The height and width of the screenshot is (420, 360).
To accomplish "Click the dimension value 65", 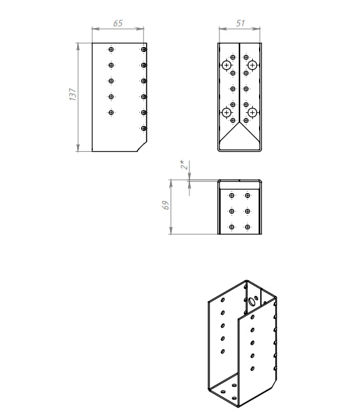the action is [118, 23].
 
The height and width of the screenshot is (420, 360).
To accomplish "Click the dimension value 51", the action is [240, 23].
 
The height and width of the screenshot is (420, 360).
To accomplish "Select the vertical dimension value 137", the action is [73, 94].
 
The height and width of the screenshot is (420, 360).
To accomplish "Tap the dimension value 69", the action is [166, 205].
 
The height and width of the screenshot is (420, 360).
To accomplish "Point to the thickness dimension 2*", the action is [184, 165].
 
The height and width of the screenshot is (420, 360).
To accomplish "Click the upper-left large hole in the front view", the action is [226, 65].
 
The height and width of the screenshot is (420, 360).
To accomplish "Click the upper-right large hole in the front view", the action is [252, 65].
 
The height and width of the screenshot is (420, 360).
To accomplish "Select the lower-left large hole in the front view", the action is [226, 112].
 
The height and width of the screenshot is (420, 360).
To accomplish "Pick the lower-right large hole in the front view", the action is [252, 112].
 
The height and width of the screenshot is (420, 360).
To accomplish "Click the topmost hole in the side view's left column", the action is [111, 50].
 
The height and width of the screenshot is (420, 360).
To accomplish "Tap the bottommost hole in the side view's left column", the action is [111, 112].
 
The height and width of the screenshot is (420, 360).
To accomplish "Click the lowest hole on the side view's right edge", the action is [144, 129].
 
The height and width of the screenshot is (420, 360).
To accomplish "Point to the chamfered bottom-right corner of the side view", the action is [142, 147].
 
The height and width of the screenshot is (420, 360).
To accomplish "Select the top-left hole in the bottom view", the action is [232, 196].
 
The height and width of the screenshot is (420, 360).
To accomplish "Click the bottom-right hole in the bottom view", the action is [247, 227].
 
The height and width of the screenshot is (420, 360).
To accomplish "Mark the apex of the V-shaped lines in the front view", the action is [240, 123].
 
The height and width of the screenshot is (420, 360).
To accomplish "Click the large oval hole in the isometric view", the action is [251, 302].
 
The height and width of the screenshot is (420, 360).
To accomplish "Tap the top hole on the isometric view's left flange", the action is [223, 300].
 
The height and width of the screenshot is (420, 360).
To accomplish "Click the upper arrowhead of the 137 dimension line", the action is [78, 46].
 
